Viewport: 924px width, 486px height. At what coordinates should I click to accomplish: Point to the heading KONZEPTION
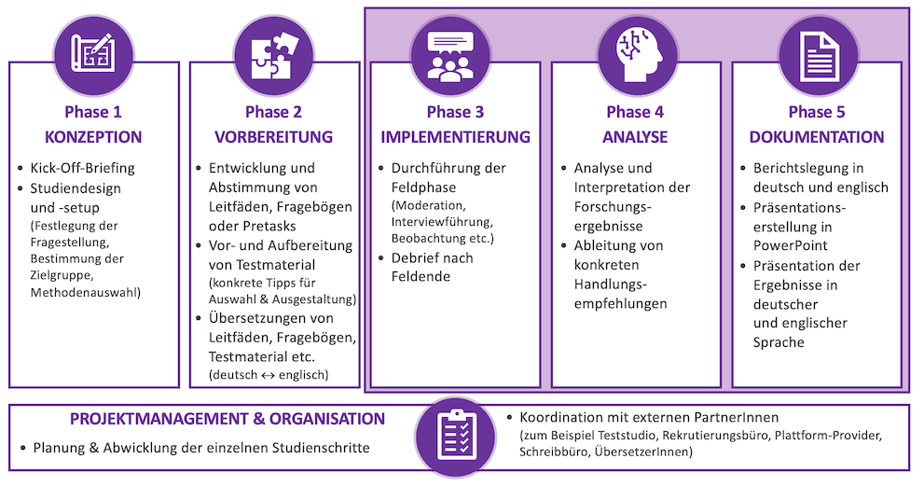click(x=93, y=138)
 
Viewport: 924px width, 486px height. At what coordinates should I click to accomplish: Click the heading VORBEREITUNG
click(x=273, y=138)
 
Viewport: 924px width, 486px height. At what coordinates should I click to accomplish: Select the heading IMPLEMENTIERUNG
click(x=455, y=138)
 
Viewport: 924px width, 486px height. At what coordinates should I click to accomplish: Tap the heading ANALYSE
click(x=635, y=138)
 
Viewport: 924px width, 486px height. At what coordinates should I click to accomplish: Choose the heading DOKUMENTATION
click(x=817, y=138)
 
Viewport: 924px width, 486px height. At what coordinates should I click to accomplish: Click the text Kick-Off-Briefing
click(x=83, y=169)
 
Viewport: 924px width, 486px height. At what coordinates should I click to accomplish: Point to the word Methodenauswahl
click(x=84, y=292)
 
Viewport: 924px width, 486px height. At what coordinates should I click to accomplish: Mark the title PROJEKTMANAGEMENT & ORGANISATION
click(x=228, y=419)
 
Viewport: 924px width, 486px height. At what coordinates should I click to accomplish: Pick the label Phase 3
click(x=455, y=112)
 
